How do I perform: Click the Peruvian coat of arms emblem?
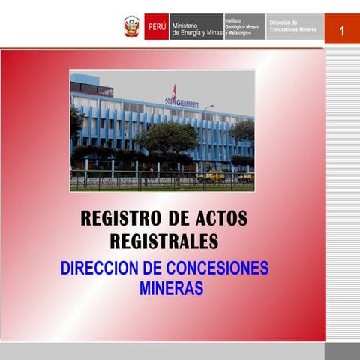[132, 26]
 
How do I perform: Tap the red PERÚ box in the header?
[157, 26]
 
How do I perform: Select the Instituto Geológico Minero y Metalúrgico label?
[243, 27]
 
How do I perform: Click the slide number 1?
[341, 30]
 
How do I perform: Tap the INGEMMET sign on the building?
[182, 103]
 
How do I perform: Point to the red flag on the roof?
[174, 91]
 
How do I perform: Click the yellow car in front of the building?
[214, 177]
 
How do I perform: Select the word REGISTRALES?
[164, 241]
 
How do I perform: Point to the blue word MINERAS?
[171, 288]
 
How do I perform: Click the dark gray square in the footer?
[342, 351]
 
